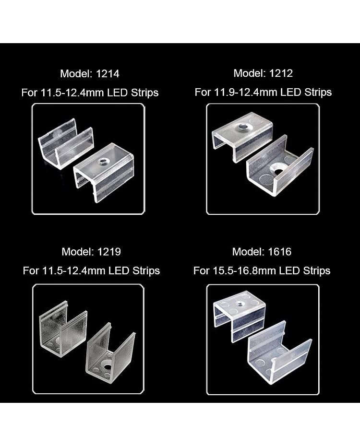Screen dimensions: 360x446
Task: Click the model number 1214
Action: [108, 74]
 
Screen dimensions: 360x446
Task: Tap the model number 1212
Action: [281, 73]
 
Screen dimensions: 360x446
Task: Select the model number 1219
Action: [109, 252]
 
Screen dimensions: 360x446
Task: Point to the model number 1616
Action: [280, 252]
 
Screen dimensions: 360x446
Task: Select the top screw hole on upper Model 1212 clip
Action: [243, 126]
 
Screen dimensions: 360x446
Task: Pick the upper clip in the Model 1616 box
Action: [240, 316]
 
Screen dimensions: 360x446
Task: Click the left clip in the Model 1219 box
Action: [63, 329]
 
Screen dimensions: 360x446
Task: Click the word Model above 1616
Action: [249, 252]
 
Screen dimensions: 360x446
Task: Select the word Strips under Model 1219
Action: [146, 271]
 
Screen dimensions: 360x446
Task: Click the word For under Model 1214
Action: [30, 93]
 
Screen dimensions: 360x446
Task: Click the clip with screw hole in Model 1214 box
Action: [104, 172]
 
